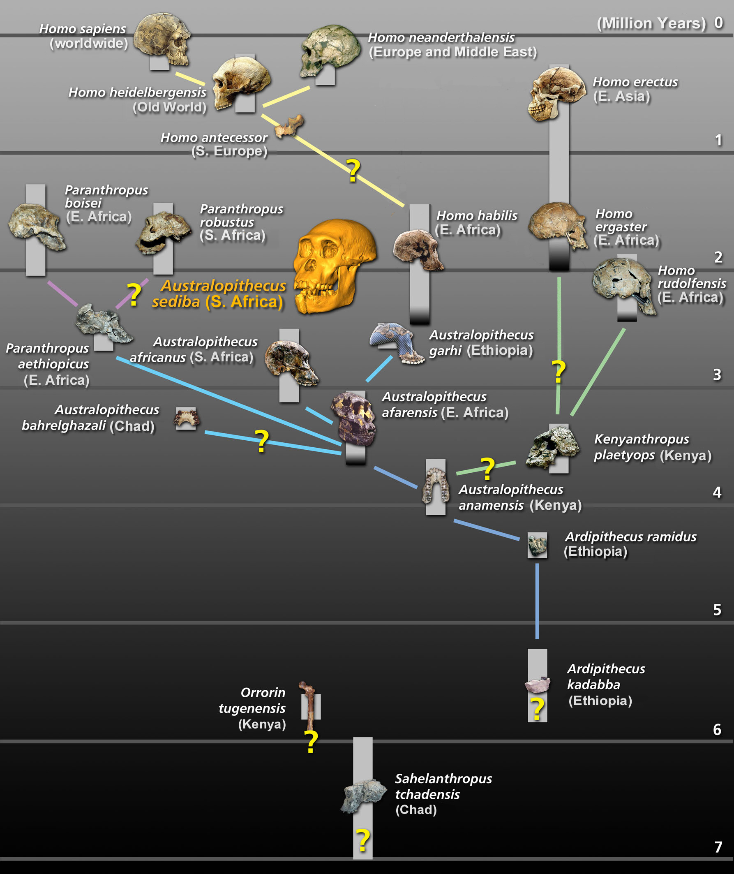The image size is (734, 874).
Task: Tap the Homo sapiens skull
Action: pyautogui.click(x=162, y=37)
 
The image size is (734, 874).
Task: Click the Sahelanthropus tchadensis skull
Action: pyautogui.click(x=363, y=795)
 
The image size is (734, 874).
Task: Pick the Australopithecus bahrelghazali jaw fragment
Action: pyautogui.click(x=187, y=418)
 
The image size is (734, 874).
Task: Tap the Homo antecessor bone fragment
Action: pyautogui.click(x=290, y=126)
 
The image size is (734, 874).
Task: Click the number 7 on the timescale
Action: pyautogui.click(x=718, y=847)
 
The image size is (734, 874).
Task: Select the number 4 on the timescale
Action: pyautogui.click(x=717, y=492)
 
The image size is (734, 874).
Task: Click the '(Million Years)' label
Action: pyautogui.click(x=651, y=23)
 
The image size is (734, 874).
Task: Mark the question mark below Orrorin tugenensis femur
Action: pyautogui.click(x=311, y=742)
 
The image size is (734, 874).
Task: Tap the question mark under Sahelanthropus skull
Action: pyautogui.click(x=363, y=840)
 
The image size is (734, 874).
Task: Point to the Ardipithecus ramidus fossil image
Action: pyautogui.click(x=537, y=545)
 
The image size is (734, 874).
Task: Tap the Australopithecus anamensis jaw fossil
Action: pyautogui.click(x=436, y=485)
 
